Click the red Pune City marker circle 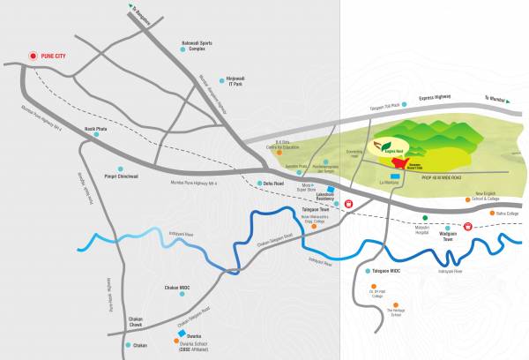[x=34, y=56]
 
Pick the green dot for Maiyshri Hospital [x=426, y=217]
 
